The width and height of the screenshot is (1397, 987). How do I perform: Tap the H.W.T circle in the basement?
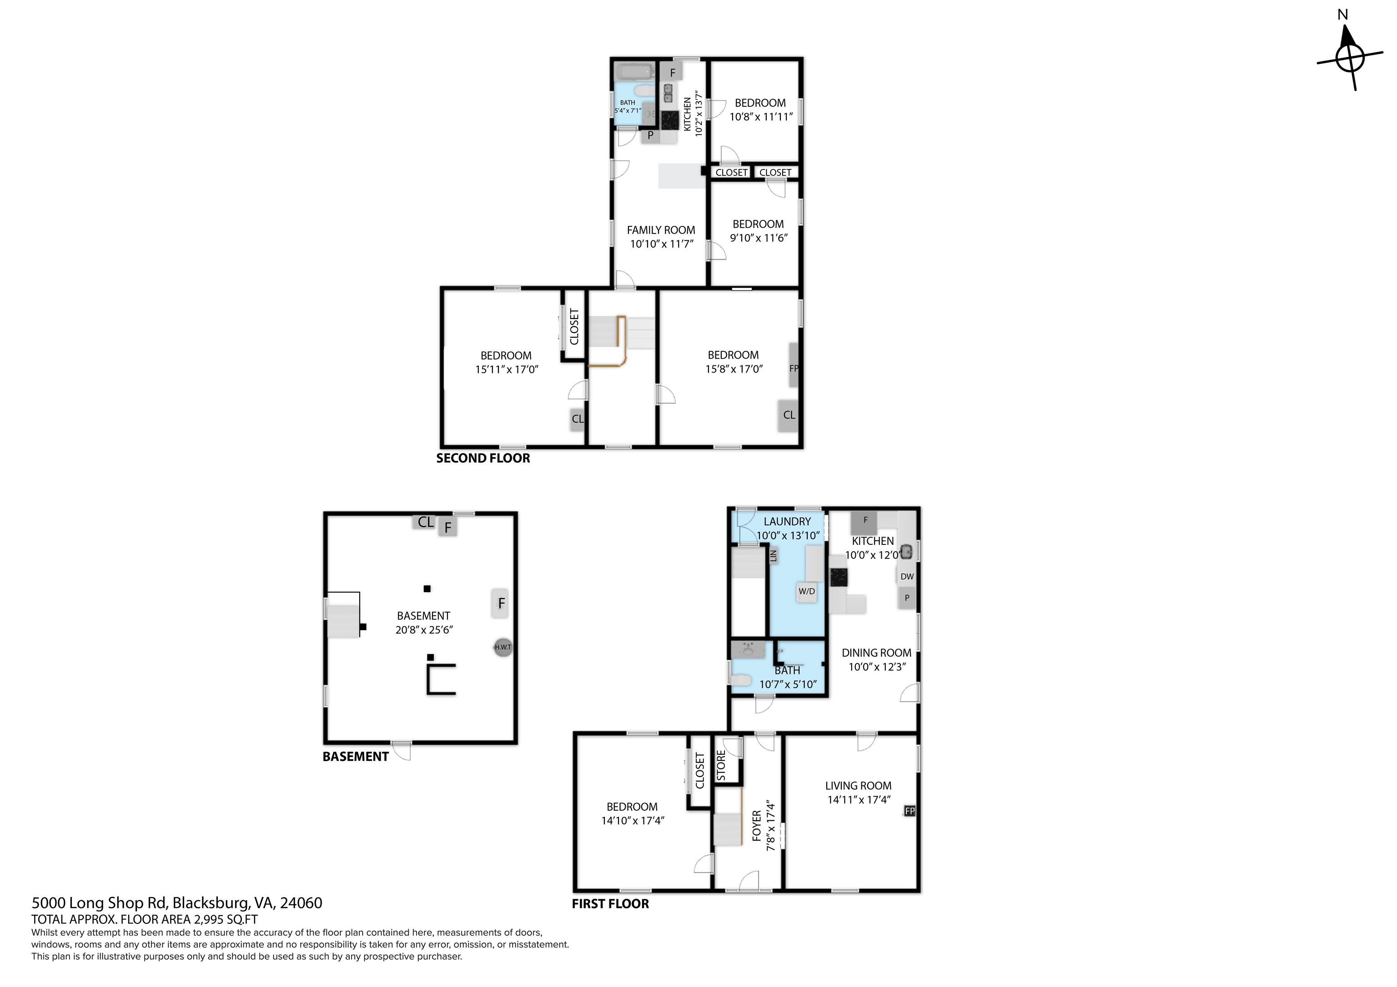(503, 647)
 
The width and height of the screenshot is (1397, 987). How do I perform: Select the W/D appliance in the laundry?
(807, 591)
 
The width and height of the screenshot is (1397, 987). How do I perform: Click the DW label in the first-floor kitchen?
(907, 577)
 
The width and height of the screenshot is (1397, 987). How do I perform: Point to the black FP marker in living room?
(910, 811)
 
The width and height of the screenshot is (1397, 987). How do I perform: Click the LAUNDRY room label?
(787, 522)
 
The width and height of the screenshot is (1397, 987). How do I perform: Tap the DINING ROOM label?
(876, 653)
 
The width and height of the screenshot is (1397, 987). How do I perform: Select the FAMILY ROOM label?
(661, 230)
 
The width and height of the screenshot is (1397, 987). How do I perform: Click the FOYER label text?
(757, 825)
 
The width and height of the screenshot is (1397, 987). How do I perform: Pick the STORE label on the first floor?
(721, 766)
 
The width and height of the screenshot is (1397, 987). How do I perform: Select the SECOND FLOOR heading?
(483, 459)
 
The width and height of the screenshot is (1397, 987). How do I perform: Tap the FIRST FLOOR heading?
(610, 904)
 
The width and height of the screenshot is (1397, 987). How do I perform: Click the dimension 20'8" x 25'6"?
(424, 630)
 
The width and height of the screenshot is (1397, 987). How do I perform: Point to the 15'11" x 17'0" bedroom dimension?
(507, 369)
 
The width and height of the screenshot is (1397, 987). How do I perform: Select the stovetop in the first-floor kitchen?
(839, 577)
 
